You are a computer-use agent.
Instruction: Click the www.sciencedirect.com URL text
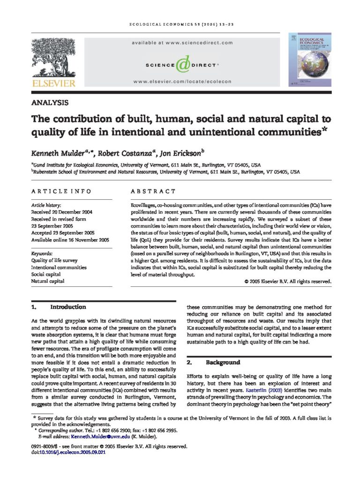[182, 43]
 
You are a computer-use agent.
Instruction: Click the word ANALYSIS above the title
[50, 103]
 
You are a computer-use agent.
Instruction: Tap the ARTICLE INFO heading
[61, 191]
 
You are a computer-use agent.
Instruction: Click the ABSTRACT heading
[153, 191]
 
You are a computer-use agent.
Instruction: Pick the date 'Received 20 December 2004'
[61, 212]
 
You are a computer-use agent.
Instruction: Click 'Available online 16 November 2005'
[70, 240]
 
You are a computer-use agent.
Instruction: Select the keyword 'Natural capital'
[48, 281]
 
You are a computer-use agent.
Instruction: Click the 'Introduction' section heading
[68, 307]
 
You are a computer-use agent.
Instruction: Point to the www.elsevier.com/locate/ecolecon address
[182, 82]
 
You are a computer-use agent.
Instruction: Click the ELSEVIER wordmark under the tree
[52, 83]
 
